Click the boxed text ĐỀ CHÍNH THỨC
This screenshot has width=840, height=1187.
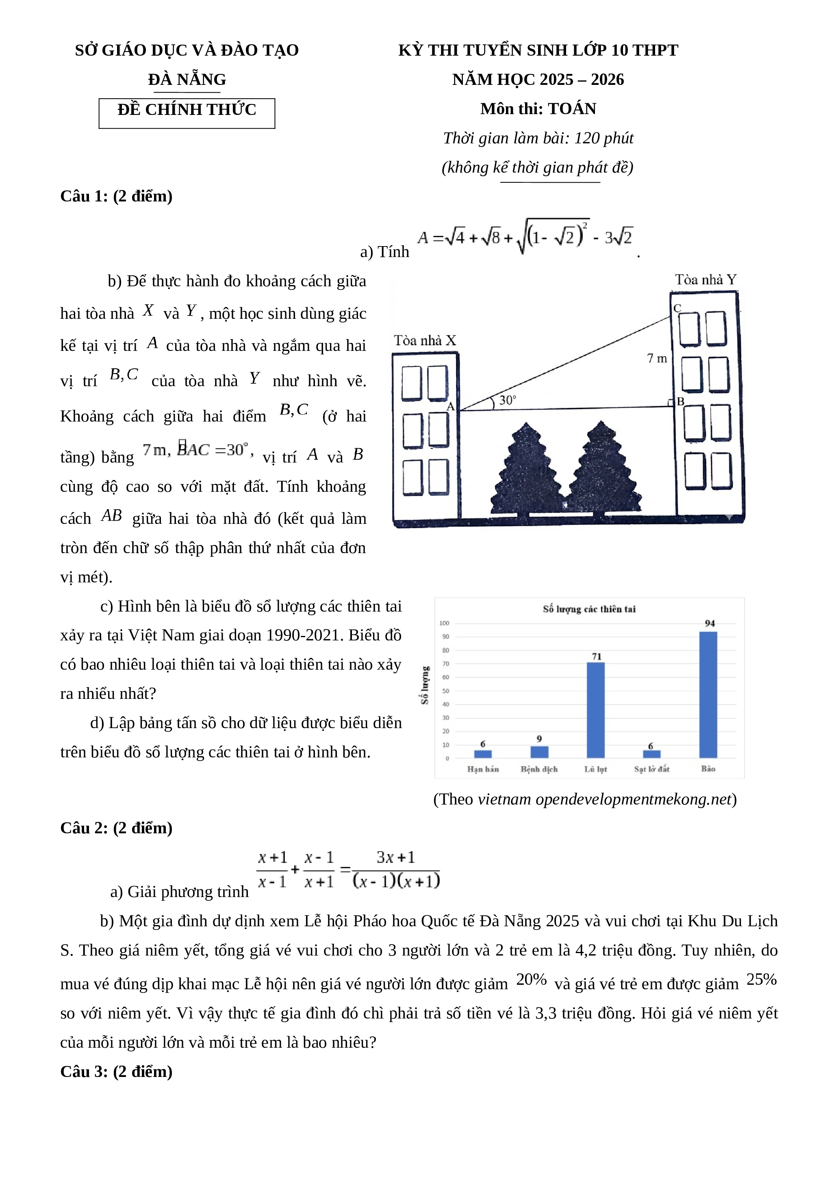187,110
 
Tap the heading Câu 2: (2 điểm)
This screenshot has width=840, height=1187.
116,828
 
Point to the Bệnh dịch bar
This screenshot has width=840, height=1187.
540,752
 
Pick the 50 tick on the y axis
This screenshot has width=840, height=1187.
445,691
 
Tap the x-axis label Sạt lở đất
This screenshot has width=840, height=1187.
652,769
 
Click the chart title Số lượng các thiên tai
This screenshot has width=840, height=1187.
589,609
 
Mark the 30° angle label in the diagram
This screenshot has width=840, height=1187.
508,400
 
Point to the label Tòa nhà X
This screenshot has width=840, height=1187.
425,341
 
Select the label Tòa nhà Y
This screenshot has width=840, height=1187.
705,280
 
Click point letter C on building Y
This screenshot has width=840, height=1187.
677,308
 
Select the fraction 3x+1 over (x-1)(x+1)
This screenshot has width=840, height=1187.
396,869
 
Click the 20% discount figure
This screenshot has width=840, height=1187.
531,979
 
